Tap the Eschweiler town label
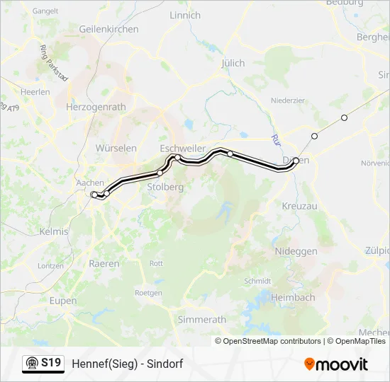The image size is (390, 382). coord(183,148)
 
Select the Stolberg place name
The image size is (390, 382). coord(165,187)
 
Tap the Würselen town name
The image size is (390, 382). coord(116,149)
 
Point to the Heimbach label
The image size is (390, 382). coord(293,298)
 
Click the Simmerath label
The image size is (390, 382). coord(202,320)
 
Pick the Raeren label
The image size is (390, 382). coord(104,263)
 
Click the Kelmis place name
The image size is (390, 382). coord(54,231)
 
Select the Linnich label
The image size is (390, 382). coord(185,15)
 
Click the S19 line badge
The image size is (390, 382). coord(51,363)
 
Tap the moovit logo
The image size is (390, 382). coord(336,364)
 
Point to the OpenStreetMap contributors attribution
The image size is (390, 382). coord(268,341)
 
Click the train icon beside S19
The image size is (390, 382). coord(32,364)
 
